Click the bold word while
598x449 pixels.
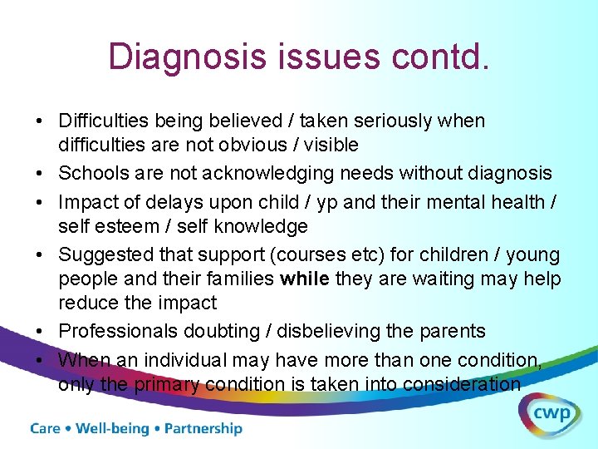click(x=305, y=279)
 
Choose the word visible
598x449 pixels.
click(x=331, y=145)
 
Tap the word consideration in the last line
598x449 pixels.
click(x=462, y=384)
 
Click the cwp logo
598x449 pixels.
click(x=551, y=414)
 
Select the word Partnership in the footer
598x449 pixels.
click(x=203, y=429)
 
